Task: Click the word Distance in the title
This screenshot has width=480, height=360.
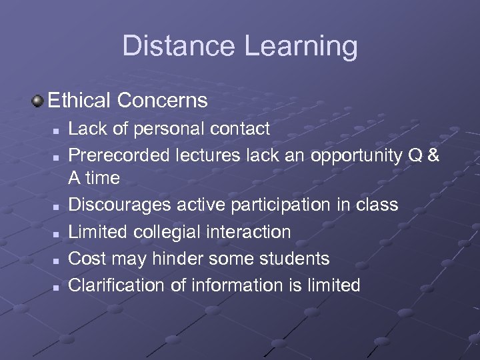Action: pos(178,46)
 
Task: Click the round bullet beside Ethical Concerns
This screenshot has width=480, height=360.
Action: pos(37,101)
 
